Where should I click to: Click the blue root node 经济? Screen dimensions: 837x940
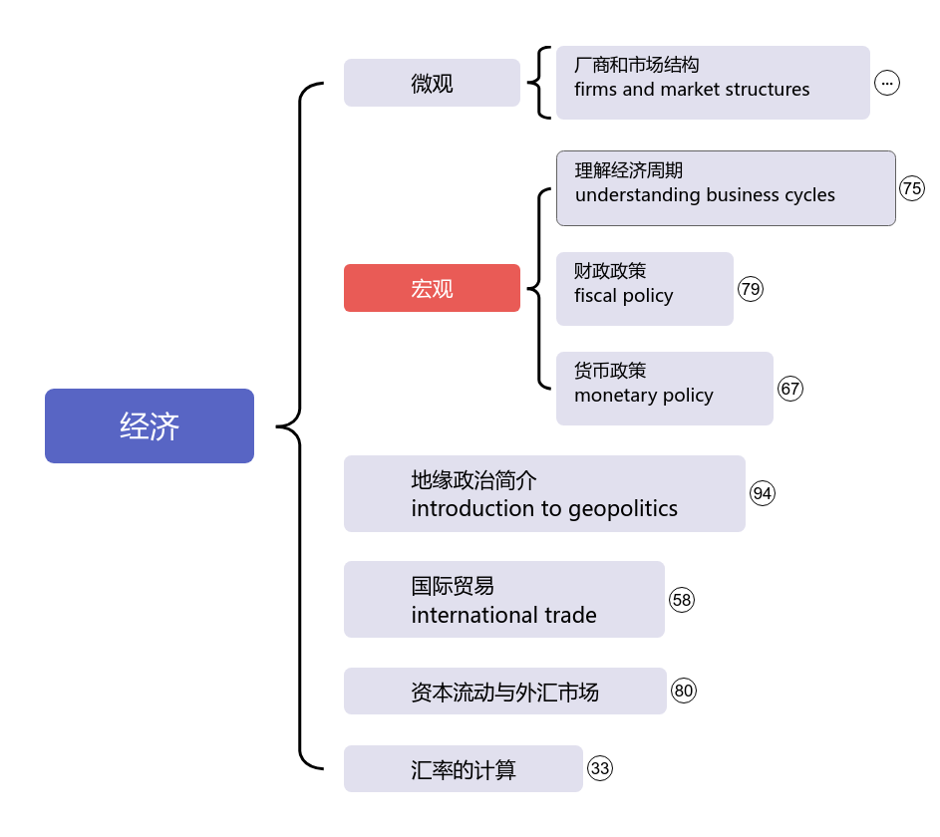[x=150, y=425]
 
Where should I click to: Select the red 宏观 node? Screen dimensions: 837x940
[x=432, y=288]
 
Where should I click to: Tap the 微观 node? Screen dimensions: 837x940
[x=432, y=83]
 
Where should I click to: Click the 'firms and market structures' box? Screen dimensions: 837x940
[x=713, y=83]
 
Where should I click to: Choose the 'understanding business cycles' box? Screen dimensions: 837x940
[x=726, y=188]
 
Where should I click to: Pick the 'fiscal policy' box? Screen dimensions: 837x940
[x=644, y=289]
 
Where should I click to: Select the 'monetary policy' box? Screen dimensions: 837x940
[x=664, y=389]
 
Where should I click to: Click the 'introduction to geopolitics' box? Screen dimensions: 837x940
[x=544, y=494]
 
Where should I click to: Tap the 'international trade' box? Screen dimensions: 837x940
[x=503, y=600]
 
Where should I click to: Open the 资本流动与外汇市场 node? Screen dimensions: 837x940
[x=504, y=692]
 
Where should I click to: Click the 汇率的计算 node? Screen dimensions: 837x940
[x=463, y=769]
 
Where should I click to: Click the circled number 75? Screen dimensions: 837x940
[x=912, y=188]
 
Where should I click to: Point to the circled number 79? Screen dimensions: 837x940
[x=751, y=289]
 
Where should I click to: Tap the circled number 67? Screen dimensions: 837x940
[x=790, y=389]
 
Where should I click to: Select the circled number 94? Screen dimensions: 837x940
[x=763, y=493]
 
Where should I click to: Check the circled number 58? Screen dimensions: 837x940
[x=682, y=600]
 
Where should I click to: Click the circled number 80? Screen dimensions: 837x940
[x=684, y=691]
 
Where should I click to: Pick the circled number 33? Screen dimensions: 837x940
[x=600, y=768]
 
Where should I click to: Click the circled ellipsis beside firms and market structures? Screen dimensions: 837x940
[x=887, y=83]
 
